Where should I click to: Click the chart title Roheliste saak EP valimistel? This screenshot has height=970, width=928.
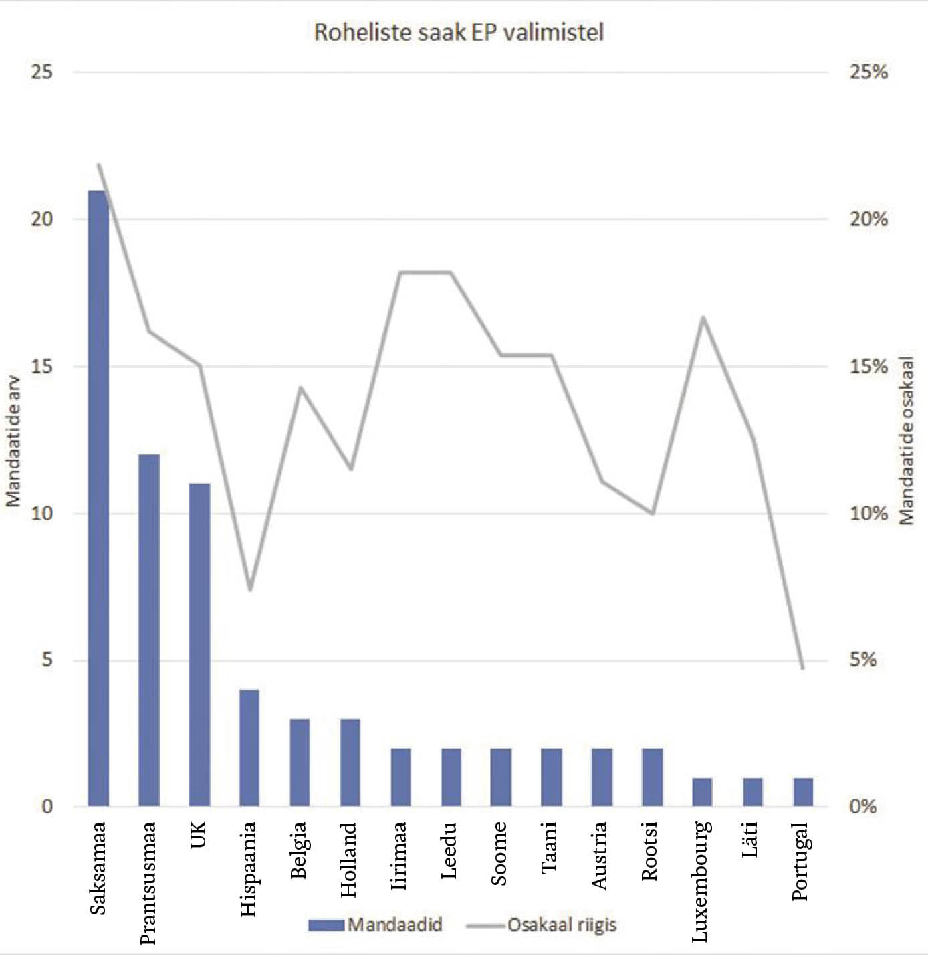pyautogui.click(x=459, y=32)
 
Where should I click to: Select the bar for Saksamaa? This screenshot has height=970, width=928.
pyautogui.click(x=98, y=498)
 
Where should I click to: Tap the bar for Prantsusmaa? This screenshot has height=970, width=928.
pyautogui.click(x=148, y=630)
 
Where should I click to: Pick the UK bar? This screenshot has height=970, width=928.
pyautogui.click(x=199, y=645)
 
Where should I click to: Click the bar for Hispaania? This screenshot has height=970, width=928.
pyautogui.click(x=249, y=748)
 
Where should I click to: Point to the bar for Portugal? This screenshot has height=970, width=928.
pyautogui.click(x=803, y=792)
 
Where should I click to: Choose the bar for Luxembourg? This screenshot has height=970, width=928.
pyautogui.click(x=702, y=792)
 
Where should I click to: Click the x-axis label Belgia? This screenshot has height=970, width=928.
pyautogui.click(x=298, y=850)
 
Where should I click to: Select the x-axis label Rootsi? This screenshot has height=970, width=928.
pyautogui.click(x=650, y=851)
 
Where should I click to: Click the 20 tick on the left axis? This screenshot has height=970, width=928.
pyautogui.click(x=41, y=219)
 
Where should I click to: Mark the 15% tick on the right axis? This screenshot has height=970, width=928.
pyautogui.click(x=868, y=367)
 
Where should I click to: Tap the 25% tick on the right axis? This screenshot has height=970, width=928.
pyautogui.click(x=868, y=72)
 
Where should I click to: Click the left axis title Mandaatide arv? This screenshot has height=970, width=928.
pyautogui.click(x=14, y=442)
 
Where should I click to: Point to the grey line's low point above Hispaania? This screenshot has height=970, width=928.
pyautogui.click(x=250, y=590)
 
